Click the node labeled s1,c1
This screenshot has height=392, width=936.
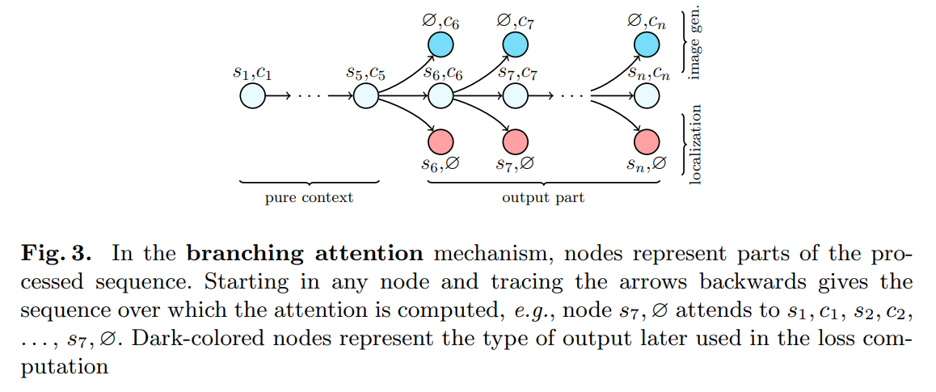pyautogui.click(x=252, y=96)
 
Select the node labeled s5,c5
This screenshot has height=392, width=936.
pyautogui.click(x=366, y=96)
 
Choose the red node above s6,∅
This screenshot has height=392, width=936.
pyautogui.click(x=441, y=142)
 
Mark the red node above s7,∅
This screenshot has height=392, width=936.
pyautogui.click(x=515, y=142)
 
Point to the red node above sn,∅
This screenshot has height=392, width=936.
pyautogui.click(x=647, y=142)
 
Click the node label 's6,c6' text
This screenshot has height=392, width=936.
pyautogui.click(x=442, y=74)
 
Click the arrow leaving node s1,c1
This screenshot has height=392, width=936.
pyautogui.click(x=278, y=96)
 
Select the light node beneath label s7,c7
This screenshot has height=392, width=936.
pyautogui.click(x=515, y=96)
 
